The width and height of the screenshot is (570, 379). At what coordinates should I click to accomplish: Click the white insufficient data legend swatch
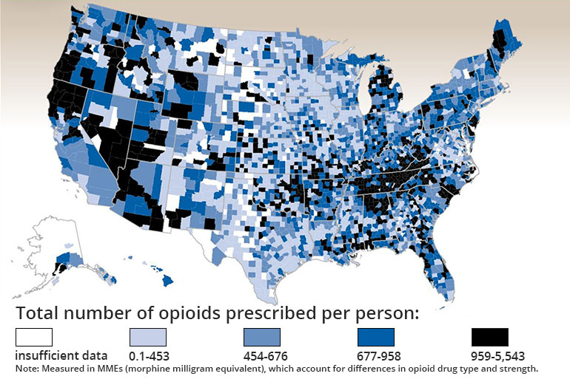[34, 338]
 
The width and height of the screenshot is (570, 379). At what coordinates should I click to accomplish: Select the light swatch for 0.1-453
[148, 338]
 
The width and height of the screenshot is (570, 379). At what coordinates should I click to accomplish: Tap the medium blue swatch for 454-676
[262, 338]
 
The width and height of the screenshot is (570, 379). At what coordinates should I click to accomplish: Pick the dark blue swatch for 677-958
[376, 338]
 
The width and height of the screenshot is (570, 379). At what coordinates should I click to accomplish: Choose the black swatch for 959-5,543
[490, 338]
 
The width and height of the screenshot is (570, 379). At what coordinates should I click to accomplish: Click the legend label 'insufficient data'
[61, 355]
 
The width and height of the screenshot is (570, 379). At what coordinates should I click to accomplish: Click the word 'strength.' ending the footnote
[518, 368]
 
